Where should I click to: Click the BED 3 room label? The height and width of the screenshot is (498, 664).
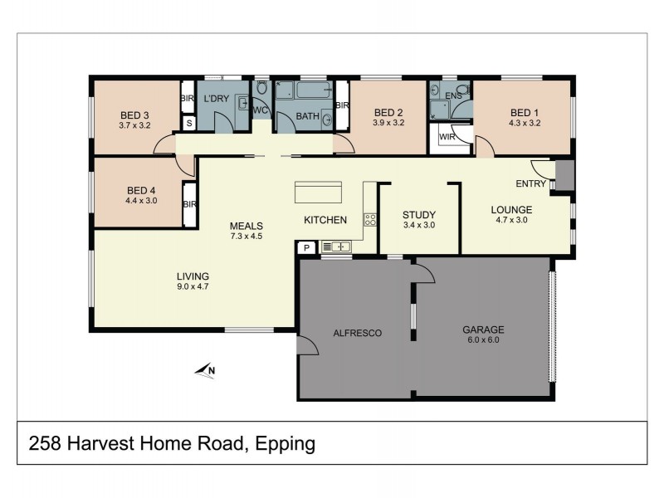[134, 115]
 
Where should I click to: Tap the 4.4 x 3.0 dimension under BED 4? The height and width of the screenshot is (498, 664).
[140, 200]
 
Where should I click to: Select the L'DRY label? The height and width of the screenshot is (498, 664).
[216, 100]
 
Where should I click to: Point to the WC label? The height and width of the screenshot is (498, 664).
[260, 110]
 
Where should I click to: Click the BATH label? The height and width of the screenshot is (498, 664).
[306, 116]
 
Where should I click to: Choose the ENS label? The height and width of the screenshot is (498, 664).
[452, 97]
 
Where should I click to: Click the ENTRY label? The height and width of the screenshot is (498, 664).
[530, 183]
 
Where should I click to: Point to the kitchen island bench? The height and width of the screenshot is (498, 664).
[318, 192]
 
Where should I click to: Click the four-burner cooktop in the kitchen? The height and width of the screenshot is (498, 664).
[370, 221]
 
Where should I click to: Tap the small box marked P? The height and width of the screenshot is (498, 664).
[305, 247]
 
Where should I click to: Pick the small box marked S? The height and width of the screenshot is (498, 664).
[189, 123]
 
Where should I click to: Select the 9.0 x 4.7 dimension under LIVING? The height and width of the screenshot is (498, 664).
[192, 287]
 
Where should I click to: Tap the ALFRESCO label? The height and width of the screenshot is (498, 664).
[356, 333]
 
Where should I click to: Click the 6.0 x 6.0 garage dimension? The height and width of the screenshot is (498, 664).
[483, 339]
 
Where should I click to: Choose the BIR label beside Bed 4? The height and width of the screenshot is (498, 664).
[189, 204]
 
